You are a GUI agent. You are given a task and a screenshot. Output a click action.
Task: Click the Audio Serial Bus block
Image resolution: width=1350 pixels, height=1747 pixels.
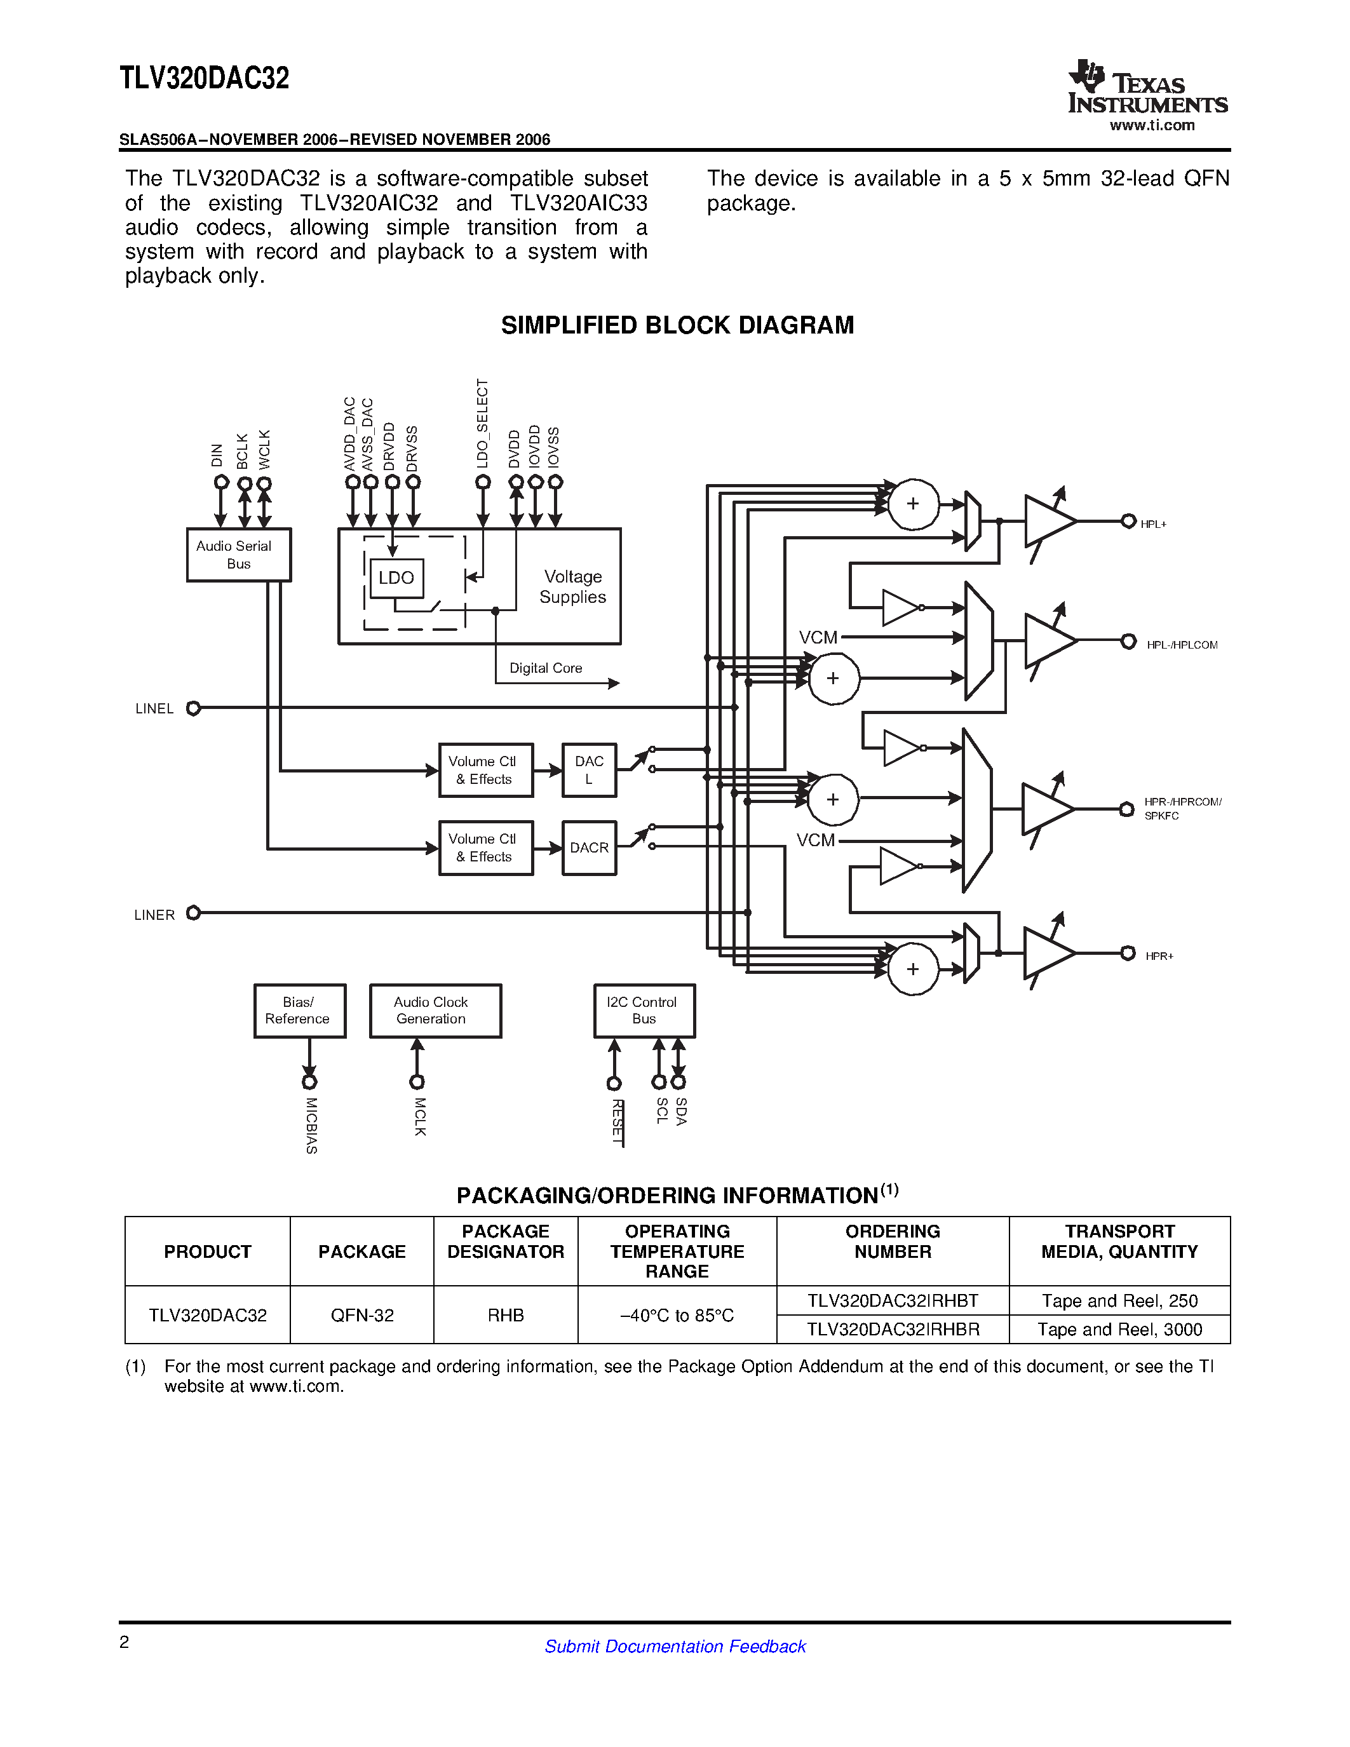[x=238, y=555]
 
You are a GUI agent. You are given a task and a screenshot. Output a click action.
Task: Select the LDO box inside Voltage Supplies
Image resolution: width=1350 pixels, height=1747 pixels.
[x=396, y=577]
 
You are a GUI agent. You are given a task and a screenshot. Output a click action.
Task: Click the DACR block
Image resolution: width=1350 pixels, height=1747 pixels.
[x=589, y=848]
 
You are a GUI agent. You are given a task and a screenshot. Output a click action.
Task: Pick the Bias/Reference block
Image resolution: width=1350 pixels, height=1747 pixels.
[x=299, y=1010]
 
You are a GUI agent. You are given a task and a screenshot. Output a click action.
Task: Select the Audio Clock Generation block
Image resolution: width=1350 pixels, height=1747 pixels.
[x=435, y=1010]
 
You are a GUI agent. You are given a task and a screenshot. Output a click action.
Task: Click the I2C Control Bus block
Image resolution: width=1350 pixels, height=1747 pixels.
[x=644, y=1010]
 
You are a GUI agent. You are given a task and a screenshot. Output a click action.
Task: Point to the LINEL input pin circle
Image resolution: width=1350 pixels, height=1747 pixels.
[x=192, y=708]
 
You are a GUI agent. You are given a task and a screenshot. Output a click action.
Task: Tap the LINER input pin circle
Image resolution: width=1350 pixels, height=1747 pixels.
[x=192, y=913]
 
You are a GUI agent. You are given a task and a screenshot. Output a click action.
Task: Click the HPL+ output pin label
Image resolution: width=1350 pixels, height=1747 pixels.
[x=1153, y=525]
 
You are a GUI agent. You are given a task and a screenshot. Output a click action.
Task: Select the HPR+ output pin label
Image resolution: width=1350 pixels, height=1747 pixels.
[x=1159, y=956]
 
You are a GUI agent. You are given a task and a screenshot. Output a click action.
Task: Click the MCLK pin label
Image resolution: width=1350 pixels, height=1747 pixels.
[x=420, y=1117]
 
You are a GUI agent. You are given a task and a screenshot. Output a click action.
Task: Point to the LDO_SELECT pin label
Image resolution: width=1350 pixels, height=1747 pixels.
[x=482, y=424]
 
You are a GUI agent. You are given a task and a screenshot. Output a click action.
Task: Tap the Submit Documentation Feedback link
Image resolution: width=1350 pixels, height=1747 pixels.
[x=675, y=1646]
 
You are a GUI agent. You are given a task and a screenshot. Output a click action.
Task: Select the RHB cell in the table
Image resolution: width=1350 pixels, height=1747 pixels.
[x=506, y=1315]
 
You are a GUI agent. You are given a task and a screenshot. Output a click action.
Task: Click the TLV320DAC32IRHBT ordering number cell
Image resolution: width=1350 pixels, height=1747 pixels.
[x=893, y=1300]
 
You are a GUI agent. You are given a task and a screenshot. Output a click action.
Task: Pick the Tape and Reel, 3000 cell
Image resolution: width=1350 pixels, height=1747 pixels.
[x=1119, y=1330]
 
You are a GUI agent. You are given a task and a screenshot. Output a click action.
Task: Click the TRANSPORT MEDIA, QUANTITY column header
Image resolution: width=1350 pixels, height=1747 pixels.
[x=1119, y=1241]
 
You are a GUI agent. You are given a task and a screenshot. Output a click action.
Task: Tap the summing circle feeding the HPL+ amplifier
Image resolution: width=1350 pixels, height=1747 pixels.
[x=912, y=504]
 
